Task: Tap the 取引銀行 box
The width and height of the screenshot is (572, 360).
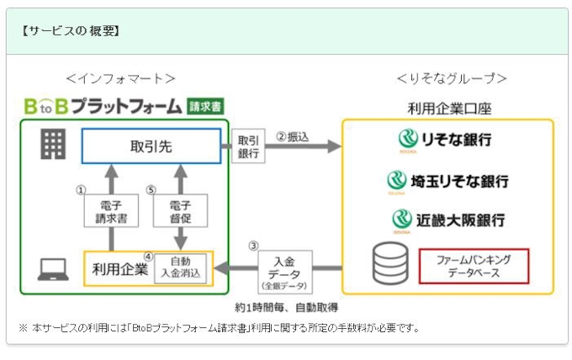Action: click(x=247, y=147)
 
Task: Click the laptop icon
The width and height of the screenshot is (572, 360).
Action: click(x=53, y=269)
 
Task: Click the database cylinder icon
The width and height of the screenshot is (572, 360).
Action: click(x=389, y=263)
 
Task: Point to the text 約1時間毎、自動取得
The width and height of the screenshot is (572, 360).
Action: click(x=287, y=307)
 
